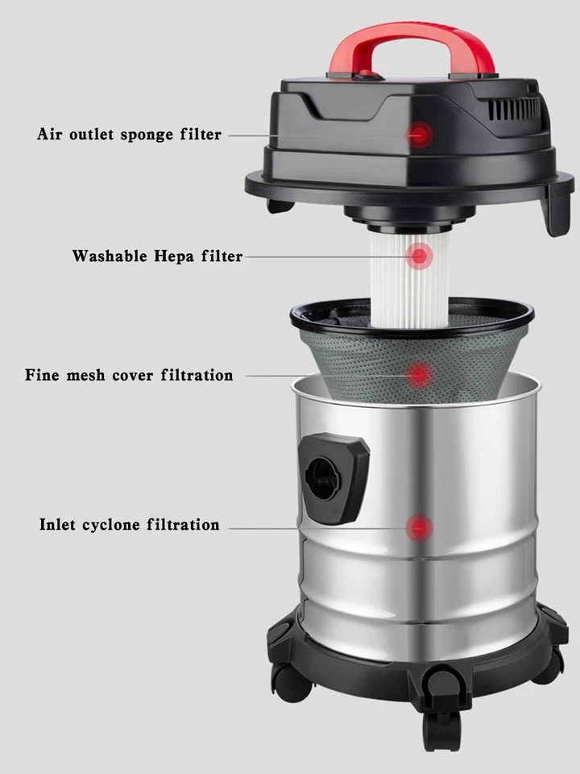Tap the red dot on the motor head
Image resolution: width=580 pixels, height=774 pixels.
pos(419,135)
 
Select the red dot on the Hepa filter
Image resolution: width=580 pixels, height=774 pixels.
pos(418,257)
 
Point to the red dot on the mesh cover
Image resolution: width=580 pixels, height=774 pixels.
pos(418,374)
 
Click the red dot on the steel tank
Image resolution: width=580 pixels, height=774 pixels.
pos(418,528)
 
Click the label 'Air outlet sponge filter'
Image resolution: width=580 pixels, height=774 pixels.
pos(129,135)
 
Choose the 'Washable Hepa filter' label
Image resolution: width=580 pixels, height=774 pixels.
pos(157,256)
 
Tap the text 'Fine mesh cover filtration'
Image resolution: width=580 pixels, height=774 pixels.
pos(129,375)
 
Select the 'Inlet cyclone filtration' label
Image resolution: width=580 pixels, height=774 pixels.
pos(129,525)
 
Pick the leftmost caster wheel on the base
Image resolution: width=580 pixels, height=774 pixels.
pos(291,682)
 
